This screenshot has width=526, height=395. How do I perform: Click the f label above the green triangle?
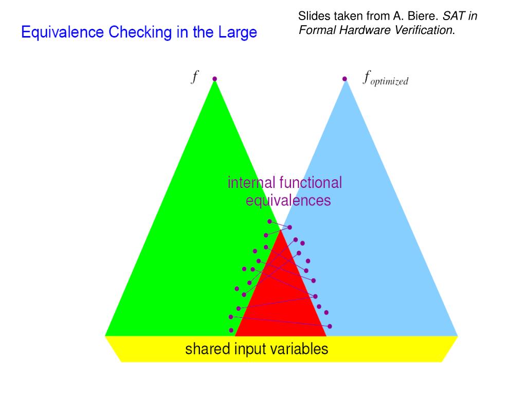[195, 77]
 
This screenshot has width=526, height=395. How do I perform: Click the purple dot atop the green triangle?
[215, 79]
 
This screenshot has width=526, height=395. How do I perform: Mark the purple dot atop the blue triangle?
[344, 79]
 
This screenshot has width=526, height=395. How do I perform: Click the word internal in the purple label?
[251, 183]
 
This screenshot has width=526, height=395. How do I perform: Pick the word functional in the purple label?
[311, 183]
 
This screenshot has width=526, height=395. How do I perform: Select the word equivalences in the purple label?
[288, 200]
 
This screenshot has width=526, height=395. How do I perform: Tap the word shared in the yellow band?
[207, 349]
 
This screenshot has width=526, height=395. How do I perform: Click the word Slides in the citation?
[312, 16]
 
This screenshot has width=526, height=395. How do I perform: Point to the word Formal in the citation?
[316, 30]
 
